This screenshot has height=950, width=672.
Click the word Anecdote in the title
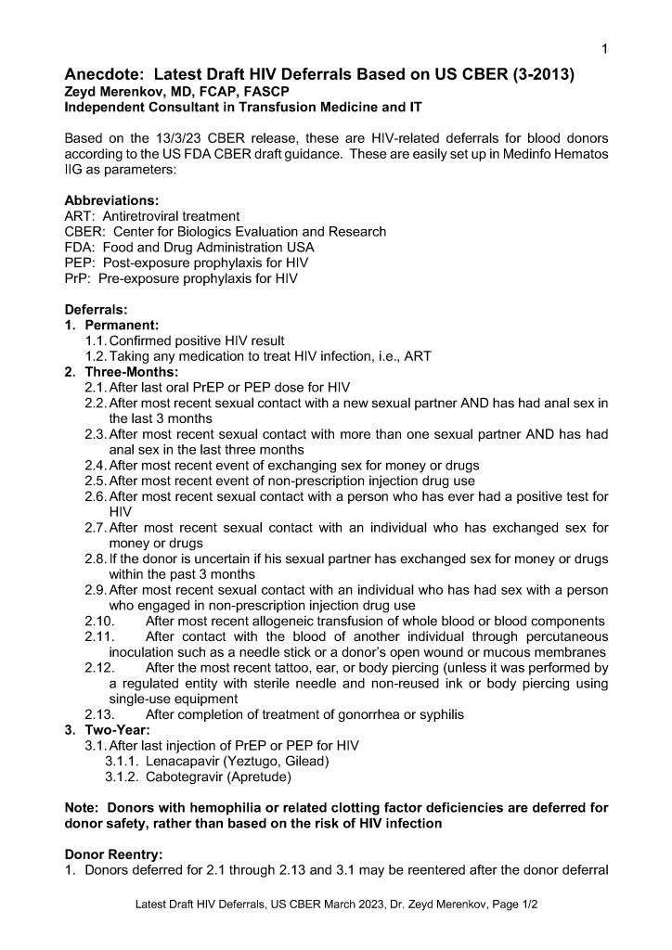[105, 74]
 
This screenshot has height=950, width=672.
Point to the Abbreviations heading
[111, 200]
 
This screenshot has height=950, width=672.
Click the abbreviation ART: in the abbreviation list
[80, 216]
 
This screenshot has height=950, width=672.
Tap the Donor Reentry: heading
[113, 854]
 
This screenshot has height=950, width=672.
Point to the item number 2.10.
[98, 621]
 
